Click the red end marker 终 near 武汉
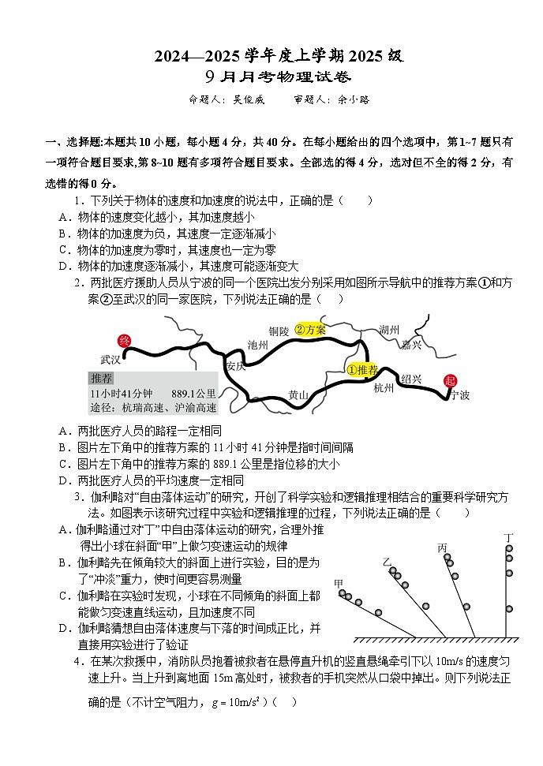point(123,341)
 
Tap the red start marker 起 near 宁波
point(451,381)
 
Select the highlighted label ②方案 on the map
point(310,330)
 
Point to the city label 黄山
point(298,394)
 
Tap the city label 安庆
point(235,366)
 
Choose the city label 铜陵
point(279,331)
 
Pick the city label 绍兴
point(411,378)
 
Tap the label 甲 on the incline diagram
point(339,583)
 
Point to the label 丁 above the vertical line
point(509,538)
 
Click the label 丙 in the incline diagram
point(442,547)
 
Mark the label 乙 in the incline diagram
point(387,562)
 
